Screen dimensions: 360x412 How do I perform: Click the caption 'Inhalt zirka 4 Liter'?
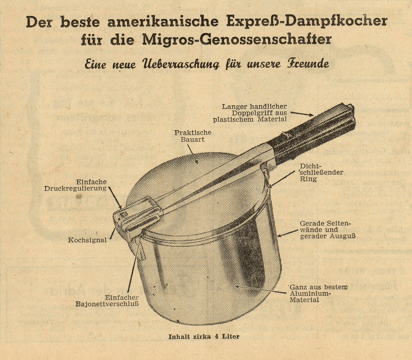(x=204, y=336)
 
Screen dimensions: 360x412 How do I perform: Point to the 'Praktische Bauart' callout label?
(x=193, y=136)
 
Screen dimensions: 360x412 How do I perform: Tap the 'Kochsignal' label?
(x=87, y=240)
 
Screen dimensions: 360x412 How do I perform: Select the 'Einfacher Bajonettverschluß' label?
(x=107, y=301)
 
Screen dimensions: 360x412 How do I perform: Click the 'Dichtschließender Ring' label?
(x=321, y=172)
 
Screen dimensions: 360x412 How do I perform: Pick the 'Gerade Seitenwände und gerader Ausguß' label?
(x=327, y=230)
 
